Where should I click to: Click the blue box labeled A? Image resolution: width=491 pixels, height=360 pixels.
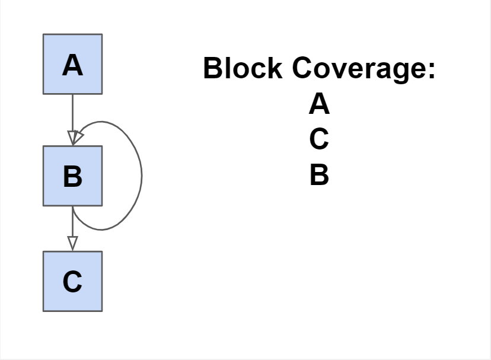pyautogui.click(x=72, y=64)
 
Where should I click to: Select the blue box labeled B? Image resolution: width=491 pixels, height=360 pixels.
pyautogui.click(x=72, y=176)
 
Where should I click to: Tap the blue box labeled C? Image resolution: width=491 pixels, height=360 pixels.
pyautogui.click(x=72, y=281)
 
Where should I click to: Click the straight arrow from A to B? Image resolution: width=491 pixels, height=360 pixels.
pyautogui.click(x=72, y=113)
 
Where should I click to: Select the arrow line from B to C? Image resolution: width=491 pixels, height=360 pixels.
pyautogui.click(x=72, y=222)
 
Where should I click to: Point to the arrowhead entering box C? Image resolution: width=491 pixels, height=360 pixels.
pyautogui.click(x=72, y=244)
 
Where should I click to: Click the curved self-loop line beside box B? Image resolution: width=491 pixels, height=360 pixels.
pyautogui.click(x=141, y=175)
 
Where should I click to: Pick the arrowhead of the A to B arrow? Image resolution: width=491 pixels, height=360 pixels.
pyautogui.click(x=72, y=138)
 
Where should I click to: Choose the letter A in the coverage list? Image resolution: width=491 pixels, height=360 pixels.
pyautogui.click(x=319, y=105)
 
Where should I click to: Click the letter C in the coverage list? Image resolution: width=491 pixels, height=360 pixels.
pyautogui.click(x=319, y=140)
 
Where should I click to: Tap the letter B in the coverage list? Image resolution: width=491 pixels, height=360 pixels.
pyautogui.click(x=319, y=176)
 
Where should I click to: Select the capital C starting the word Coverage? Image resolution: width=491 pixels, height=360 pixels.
pyautogui.click(x=303, y=68)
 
